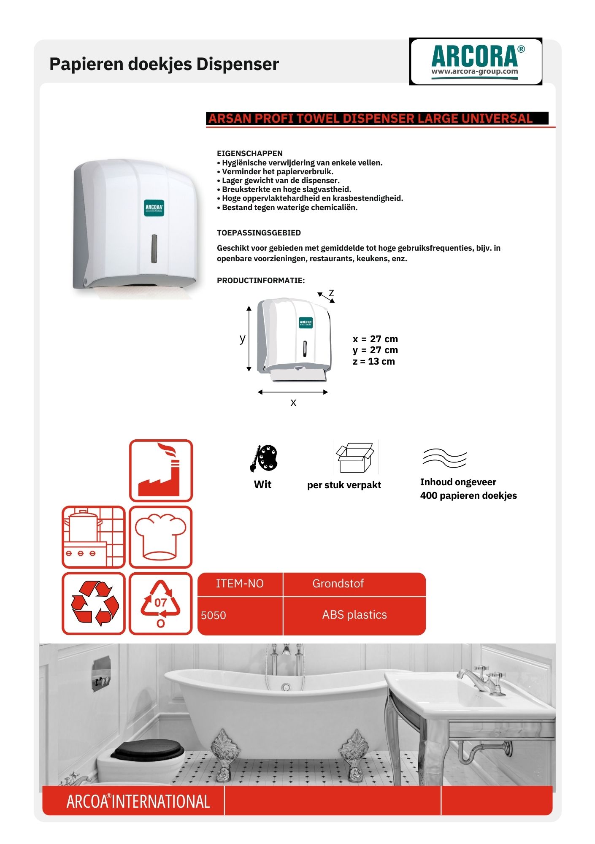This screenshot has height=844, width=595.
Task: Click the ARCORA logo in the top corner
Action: (x=476, y=61)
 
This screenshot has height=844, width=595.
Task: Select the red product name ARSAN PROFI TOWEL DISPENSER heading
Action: (x=371, y=119)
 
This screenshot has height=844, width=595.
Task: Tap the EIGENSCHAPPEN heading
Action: (x=250, y=154)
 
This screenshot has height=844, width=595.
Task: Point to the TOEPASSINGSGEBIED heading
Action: (x=259, y=233)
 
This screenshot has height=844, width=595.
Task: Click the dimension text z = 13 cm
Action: (x=374, y=362)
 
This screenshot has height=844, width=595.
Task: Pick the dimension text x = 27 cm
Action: (x=375, y=339)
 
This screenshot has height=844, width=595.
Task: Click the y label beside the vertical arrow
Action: (x=242, y=338)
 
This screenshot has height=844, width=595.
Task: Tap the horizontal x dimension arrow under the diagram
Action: (x=293, y=392)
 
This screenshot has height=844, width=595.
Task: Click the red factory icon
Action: (x=161, y=471)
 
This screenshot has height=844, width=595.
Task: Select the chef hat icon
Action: (x=160, y=537)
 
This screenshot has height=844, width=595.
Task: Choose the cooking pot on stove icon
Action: (x=93, y=537)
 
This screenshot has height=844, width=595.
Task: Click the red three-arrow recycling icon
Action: (x=94, y=603)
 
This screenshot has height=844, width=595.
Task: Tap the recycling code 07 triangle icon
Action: (x=160, y=603)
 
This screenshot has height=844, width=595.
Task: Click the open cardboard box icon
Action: (x=355, y=457)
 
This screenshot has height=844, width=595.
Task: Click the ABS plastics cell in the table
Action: (x=354, y=615)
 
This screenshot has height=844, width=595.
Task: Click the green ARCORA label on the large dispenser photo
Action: (x=154, y=208)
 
